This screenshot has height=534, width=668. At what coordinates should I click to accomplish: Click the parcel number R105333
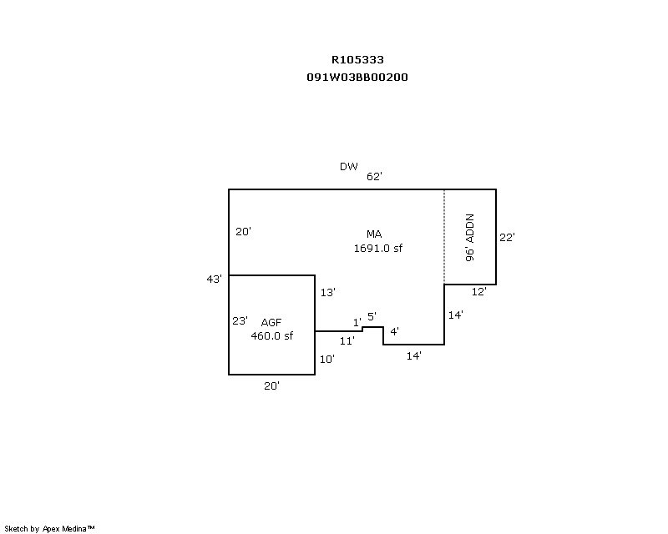357,60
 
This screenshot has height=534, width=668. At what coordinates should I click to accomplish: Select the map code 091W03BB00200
357,77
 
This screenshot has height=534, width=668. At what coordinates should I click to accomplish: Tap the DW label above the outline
348,167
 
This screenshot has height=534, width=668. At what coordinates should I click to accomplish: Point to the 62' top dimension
373,176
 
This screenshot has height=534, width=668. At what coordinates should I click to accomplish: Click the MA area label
373,234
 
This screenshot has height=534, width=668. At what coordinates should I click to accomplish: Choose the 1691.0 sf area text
378,248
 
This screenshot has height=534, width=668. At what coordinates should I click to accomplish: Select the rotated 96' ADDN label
470,239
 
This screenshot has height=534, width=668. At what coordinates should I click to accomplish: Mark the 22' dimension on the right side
507,237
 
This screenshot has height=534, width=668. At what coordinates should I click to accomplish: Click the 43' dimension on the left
215,279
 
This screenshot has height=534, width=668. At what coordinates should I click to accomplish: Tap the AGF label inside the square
271,322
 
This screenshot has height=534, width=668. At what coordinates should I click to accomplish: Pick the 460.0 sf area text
271,336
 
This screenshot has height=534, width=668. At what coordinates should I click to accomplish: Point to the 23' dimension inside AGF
240,320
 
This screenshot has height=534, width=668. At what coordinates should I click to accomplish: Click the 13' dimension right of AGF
326,292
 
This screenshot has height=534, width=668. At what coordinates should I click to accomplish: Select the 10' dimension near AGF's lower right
326,359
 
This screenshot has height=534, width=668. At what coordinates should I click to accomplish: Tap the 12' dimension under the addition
478,291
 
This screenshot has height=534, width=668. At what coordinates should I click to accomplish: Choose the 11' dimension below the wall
347,340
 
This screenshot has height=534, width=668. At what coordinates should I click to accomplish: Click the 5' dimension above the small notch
372,316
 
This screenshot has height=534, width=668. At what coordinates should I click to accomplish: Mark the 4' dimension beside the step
394,331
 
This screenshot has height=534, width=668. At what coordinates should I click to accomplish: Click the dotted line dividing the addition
444,237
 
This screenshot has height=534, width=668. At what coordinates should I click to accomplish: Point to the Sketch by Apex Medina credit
50,528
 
